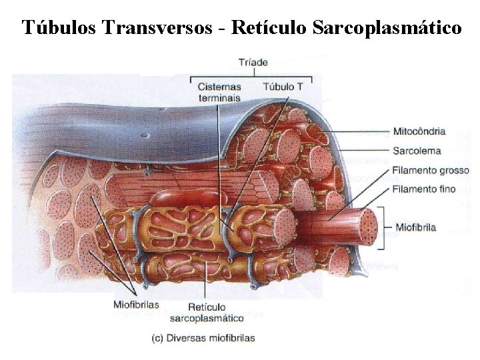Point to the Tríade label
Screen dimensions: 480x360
(253, 63)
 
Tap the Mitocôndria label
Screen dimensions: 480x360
(419, 131)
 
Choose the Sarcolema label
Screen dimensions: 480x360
(414, 150)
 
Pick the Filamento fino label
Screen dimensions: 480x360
(424, 189)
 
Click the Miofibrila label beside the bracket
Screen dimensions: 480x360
(416, 227)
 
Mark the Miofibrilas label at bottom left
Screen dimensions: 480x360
(136, 305)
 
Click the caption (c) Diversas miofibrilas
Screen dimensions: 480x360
(203, 338)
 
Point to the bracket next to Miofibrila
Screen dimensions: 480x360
(383, 227)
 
